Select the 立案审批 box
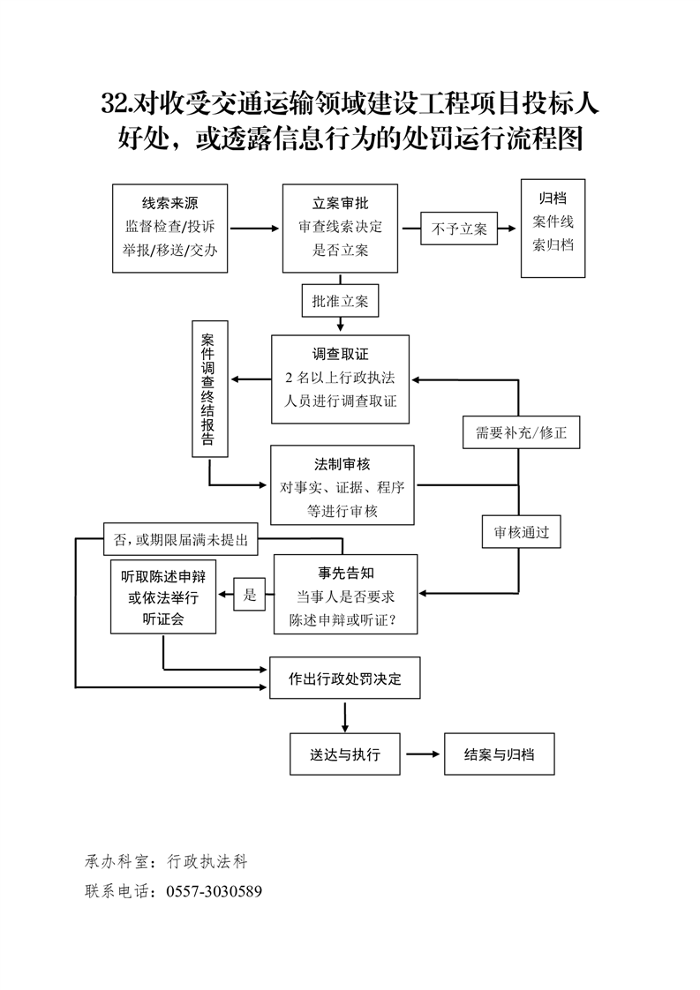(x=340, y=229)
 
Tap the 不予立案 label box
(x=459, y=229)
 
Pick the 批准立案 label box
(x=340, y=300)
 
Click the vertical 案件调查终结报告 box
(x=209, y=389)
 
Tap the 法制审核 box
(x=343, y=486)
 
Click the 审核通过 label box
(x=521, y=532)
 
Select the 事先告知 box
(x=345, y=594)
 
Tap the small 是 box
(x=250, y=595)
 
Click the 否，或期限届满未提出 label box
(x=175, y=539)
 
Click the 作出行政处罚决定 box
(x=344, y=679)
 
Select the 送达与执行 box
(x=345, y=754)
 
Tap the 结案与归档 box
(x=499, y=754)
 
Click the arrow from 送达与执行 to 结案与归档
(x=422, y=754)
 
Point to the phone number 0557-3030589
(x=214, y=891)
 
